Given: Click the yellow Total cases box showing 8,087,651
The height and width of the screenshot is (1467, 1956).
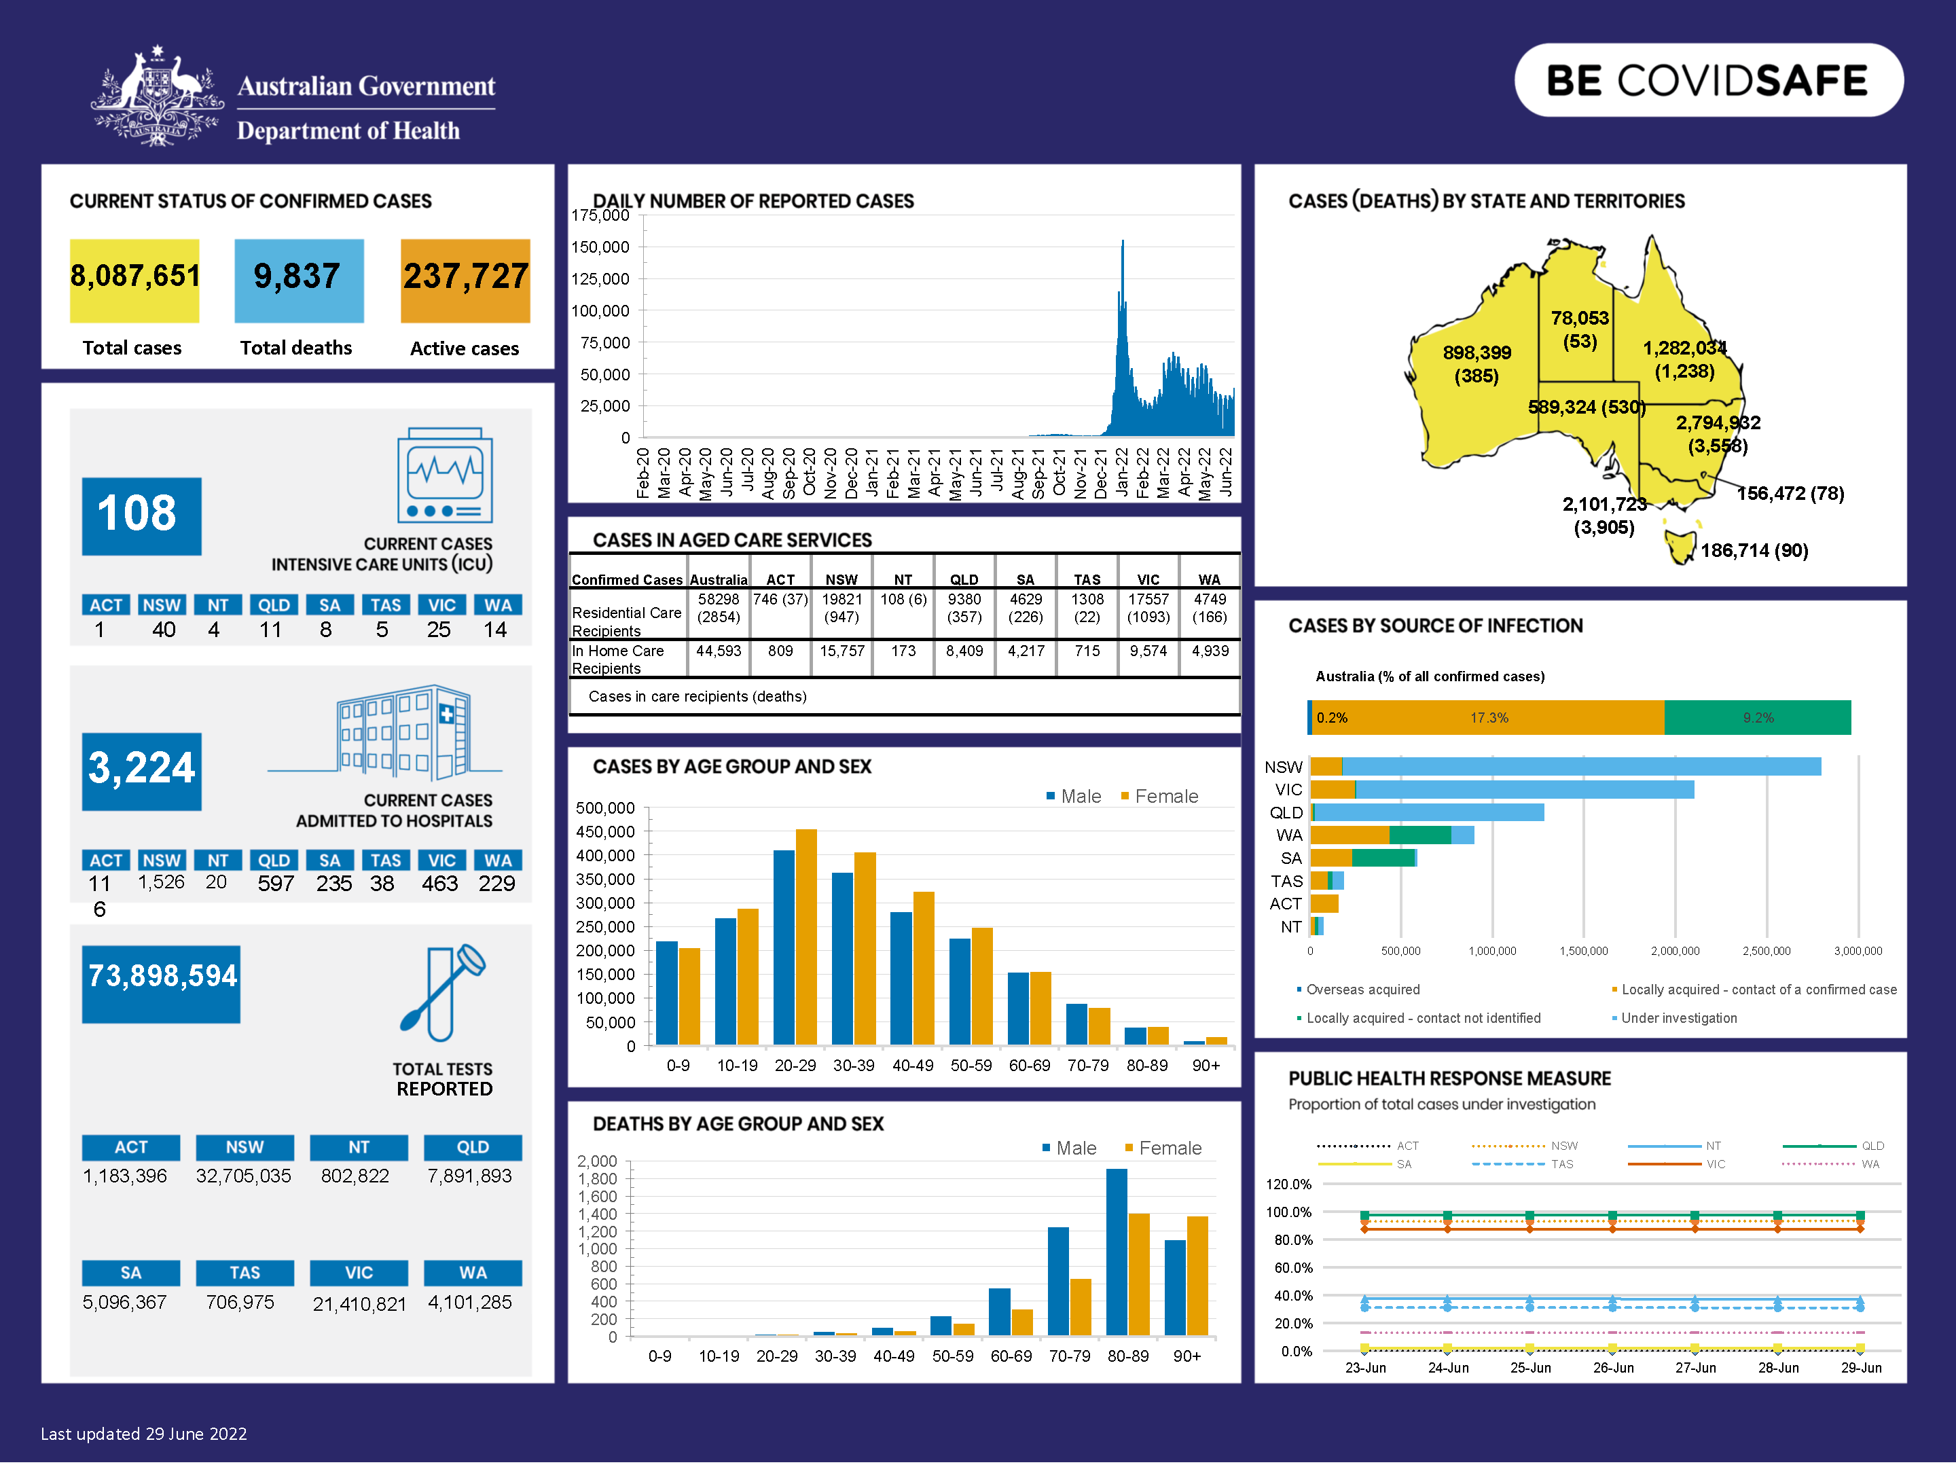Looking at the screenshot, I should [x=134, y=280].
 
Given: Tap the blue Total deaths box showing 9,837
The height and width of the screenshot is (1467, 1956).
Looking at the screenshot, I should [x=299, y=280].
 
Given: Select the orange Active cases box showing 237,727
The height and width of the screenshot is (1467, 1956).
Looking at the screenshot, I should [x=465, y=280].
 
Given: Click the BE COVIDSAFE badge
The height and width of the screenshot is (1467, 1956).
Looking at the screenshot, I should [x=1707, y=80].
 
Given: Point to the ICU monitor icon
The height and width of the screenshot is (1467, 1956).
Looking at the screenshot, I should [x=445, y=475].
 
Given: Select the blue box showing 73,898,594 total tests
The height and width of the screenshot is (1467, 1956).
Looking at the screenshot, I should [x=161, y=983].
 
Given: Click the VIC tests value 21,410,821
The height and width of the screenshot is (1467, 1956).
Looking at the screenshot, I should [x=359, y=1304].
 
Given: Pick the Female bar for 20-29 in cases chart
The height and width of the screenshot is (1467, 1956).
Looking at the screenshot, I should [x=806, y=937].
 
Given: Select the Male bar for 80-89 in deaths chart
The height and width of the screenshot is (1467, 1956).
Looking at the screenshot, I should [x=1117, y=1251].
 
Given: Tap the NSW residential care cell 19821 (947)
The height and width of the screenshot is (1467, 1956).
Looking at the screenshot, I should [x=841, y=609].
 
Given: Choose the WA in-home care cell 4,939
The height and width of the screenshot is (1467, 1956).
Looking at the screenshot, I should [x=1210, y=651].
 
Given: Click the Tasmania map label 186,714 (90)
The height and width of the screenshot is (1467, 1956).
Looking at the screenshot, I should [x=1754, y=551].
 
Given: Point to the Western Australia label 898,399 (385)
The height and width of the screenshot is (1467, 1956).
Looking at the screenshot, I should [x=1477, y=363].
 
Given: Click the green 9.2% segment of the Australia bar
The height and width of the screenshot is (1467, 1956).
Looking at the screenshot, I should [x=1757, y=717].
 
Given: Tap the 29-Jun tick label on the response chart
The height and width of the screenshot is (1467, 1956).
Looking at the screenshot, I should [x=1860, y=1368].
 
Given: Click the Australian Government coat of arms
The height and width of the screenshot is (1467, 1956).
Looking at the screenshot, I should [x=158, y=97].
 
